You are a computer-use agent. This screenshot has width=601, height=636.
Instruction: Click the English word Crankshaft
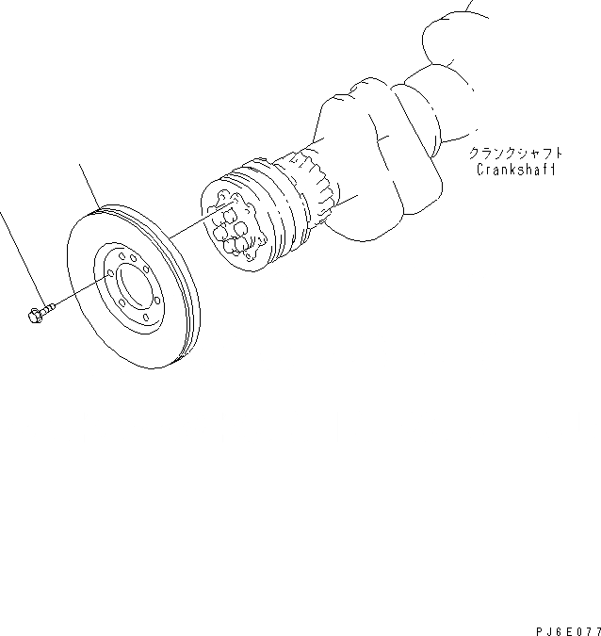pos(515,170)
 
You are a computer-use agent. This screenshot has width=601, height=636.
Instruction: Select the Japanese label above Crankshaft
pos(516,153)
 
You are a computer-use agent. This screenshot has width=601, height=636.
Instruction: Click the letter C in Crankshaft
pos(479,171)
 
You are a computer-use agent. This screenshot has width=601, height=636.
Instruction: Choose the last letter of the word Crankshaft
pos(552,171)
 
